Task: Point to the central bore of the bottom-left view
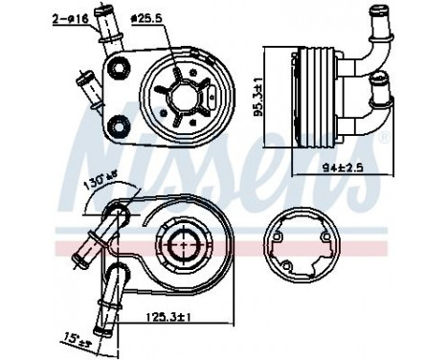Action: [178, 248]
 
